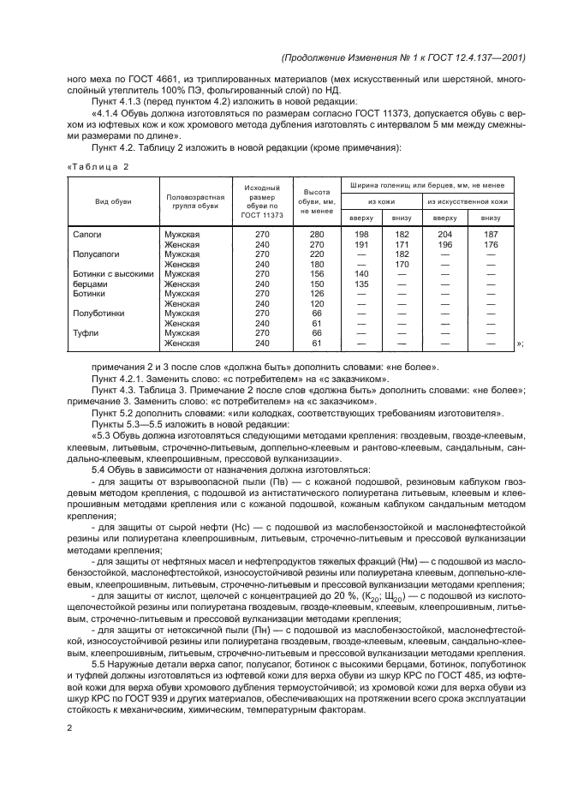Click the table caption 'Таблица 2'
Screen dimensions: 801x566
[x=97, y=166]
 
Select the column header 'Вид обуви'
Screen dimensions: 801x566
[x=112, y=201]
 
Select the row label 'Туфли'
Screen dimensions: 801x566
[x=86, y=332]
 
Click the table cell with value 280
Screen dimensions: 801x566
[x=317, y=233]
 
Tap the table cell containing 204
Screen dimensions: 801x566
[x=445, y=233]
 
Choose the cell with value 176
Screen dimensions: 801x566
[x=490, y=244]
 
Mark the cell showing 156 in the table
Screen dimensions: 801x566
[x=317, y=273]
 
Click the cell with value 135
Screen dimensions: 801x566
[x=361, y=284]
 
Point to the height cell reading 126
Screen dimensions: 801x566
[x=317, y=293]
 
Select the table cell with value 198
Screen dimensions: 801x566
[x=361, y=233]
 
